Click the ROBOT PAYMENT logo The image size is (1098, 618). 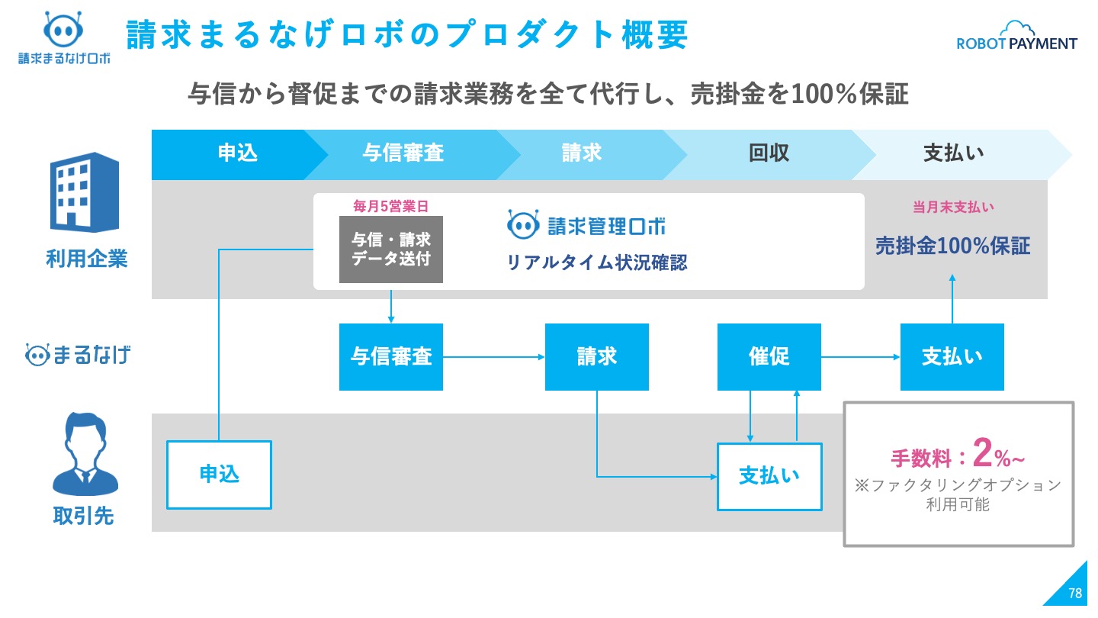click(x=1016, y=37)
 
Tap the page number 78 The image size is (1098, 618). click(x=1075, y=594)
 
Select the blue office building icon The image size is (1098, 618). click(x=85, y=192)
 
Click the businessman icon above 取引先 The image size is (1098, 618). click(x=85, y=454)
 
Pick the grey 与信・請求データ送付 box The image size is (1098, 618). click(x=390, y=249)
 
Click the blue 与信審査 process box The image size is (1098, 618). click(x=390, y=356)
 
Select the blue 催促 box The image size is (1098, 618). click(x=769, y=356)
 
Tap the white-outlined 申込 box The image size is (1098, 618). click(x=219, y=475)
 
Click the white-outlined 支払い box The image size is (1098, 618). click(x=769, y=477)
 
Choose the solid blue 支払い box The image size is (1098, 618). click(x=952, y=356)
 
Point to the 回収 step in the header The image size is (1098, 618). click(x=769, y=153)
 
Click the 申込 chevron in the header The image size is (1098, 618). click(x=239, y=154)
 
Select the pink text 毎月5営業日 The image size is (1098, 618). click(x=390, y=206)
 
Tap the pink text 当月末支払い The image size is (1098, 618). click(x=953, y=207)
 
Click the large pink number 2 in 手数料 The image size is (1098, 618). click(x=982, y=452)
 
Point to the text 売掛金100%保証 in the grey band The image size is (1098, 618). click(x=952, y=246)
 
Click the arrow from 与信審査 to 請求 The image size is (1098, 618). click(x=493, y=357)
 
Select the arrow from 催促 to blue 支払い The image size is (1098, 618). click(x=860, y=357)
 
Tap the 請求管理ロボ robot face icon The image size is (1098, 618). click(x=523, y=224)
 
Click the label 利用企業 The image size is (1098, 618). click(x=87, y=259)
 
